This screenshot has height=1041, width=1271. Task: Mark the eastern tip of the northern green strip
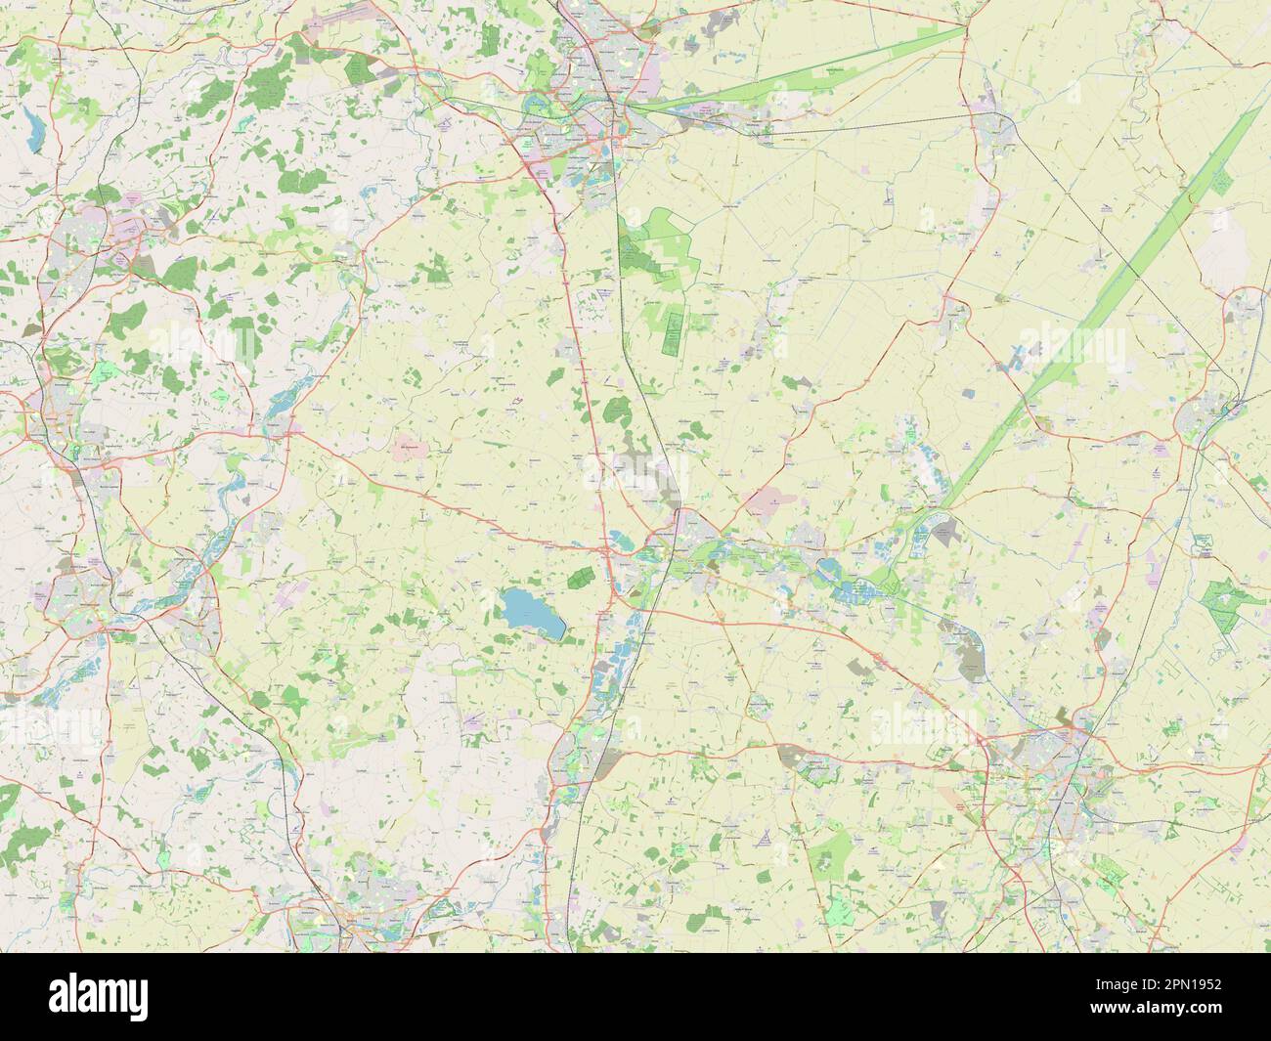pyautogui.click(x=963, y=30)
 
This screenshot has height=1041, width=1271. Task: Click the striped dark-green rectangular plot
pyautogui.click(x=674, y=328)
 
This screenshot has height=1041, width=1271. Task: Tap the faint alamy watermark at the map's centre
pyautogui.click(x=635, y=476)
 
